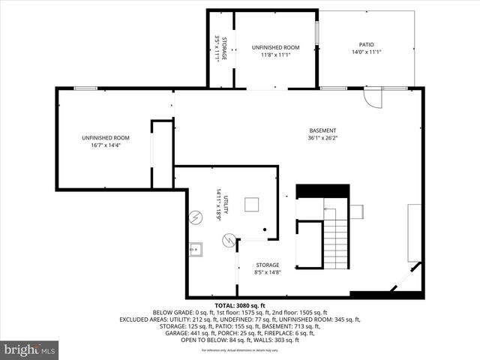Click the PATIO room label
click(365, 44)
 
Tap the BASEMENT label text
click(322, 130)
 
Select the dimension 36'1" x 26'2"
click(322, 138)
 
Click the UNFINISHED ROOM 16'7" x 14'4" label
click(106, 138)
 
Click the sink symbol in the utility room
click(196, 248)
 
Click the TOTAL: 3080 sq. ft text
click(240, 306)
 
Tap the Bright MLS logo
click(30, 349)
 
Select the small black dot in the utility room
click(265, 229)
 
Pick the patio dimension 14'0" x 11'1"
click(365, 52)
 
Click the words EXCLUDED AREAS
click(143, 319)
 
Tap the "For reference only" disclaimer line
click(240, 350)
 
